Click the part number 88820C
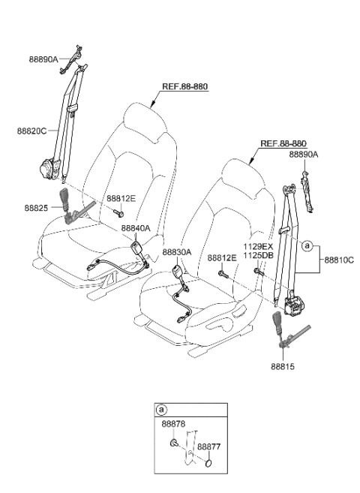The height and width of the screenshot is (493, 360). tap(31, 130)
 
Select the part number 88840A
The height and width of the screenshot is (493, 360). tap(136, 228)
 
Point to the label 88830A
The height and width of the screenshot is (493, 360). tap(177, 253)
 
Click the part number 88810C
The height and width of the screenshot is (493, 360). tap(338, 260)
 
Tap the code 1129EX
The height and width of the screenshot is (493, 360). tap(256, 246)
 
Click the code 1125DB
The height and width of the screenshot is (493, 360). tap(256, 255)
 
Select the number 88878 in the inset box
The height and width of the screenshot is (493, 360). tap(172, 424)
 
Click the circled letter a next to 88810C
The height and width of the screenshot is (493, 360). tap(307, 245)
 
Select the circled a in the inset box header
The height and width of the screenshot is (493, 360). tap(161, 410)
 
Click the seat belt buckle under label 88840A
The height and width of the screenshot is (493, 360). tap(136, 248)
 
